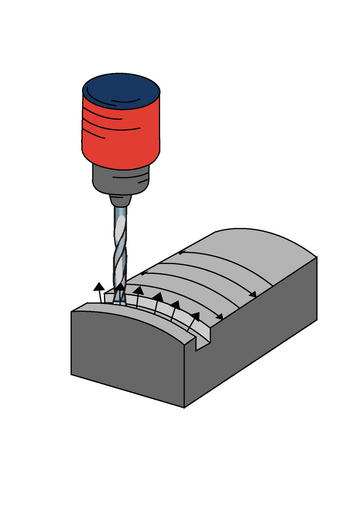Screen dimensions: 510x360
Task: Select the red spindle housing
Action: tap(121, 135)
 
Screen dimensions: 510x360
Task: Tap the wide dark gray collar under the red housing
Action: tap(121, 178)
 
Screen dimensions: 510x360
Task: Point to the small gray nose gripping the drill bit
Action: tap(121, 199)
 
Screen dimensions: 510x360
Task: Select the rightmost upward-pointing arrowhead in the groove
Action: tap(195, 316)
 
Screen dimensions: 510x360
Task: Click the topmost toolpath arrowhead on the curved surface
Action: tap(180, 253)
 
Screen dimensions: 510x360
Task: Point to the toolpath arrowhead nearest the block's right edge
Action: tap(253, 294)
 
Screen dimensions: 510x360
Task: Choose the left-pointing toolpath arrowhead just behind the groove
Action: tap(144, 273)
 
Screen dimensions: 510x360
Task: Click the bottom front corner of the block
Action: tap(184, 407)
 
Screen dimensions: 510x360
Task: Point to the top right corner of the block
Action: tap(317, 257)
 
